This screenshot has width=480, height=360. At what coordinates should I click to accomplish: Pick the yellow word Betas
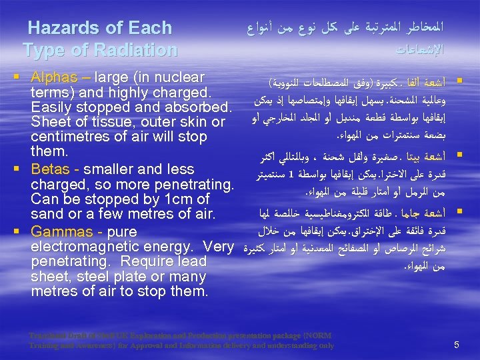51,169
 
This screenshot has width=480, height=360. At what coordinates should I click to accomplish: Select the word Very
217,247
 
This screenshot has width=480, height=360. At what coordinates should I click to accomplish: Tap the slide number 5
457,345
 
